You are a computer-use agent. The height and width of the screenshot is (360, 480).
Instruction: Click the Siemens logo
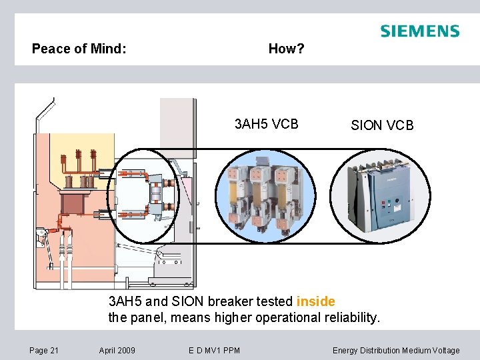click(419, 31)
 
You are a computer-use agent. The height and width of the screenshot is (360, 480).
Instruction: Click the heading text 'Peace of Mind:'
click(79, 49)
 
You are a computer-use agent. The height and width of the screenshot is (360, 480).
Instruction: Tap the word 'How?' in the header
click(286, 49)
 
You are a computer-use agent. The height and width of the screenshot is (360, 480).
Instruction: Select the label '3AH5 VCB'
click(267, 124)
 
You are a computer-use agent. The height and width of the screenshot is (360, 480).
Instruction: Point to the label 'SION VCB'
click(383, 125)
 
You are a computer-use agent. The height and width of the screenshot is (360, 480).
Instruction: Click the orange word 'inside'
click(315, 301)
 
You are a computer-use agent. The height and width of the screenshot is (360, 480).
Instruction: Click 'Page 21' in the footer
click(44, 350)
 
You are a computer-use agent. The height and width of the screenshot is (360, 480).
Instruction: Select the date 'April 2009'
click(117, 350)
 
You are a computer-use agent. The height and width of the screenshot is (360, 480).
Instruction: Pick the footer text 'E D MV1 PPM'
click(215, 350)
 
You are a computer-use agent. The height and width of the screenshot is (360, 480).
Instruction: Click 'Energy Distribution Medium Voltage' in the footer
click(396, 350)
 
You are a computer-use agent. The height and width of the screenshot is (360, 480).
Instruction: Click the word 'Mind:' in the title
click(109, 49)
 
